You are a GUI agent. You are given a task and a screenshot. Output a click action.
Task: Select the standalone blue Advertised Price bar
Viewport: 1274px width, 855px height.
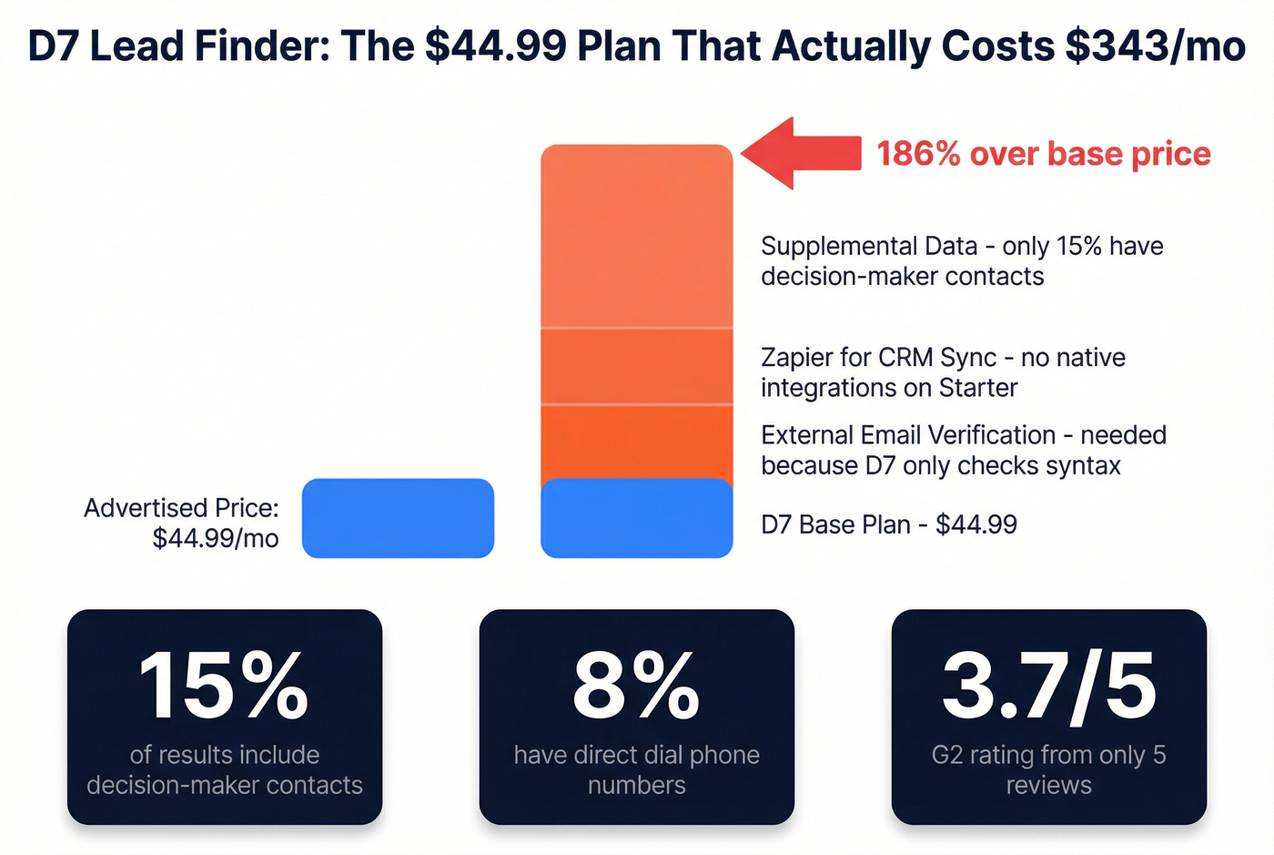398,518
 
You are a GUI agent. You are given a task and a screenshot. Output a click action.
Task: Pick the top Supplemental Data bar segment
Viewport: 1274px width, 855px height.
636,237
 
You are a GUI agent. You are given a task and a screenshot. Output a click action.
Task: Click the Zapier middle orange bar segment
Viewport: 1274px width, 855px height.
636,366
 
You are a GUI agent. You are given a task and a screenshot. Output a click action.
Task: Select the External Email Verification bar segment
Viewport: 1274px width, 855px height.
636,442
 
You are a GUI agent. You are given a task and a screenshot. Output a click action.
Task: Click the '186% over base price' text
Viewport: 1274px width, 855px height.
1043,154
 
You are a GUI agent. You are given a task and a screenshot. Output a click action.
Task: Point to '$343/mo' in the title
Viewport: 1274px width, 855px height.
1155,46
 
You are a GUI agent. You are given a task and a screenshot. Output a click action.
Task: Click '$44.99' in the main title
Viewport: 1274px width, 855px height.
496,46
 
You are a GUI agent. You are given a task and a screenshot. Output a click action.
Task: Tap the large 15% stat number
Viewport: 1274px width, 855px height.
224,687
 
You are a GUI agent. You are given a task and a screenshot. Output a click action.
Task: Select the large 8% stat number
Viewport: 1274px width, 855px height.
636,687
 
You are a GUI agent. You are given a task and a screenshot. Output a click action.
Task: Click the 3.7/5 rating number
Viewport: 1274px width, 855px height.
1048,687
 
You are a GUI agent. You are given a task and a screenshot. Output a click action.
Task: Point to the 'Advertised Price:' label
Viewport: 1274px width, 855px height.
181,508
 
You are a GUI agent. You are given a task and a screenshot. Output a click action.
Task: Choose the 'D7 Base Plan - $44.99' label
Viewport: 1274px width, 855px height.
888,524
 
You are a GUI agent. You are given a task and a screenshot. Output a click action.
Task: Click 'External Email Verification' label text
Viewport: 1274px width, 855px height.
907,435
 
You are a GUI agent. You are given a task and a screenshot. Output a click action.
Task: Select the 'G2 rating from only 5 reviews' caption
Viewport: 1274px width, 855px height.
1048,769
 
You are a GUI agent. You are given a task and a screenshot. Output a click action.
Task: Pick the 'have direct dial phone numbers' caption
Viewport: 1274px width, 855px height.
636,769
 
